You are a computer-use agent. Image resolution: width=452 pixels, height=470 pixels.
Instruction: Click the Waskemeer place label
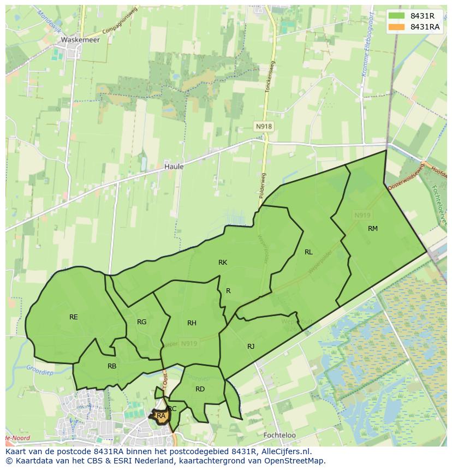coord(80,40)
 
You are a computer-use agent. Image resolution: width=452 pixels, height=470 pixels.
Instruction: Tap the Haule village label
coord(174,166)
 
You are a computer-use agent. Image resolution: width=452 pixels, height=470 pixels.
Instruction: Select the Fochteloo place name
coord(279,435)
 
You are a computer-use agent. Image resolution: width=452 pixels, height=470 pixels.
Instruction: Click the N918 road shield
coord(264,126)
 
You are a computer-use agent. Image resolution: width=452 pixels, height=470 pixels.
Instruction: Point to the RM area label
coord(373,228)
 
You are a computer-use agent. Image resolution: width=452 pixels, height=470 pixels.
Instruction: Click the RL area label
coord(308,252)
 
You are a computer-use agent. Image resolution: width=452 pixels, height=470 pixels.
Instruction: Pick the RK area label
coord(223,263)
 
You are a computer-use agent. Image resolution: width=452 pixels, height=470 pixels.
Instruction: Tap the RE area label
coord(74,317)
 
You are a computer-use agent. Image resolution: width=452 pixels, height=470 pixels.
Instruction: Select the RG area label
coord(142,322)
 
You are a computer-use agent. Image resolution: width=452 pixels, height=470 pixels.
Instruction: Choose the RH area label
coord(192,323)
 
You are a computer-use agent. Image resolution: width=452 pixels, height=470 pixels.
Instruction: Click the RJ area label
coord(251,346)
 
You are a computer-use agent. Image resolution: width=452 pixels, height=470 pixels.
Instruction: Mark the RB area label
coord(112,366)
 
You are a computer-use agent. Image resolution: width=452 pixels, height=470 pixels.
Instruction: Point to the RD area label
coord(200,389)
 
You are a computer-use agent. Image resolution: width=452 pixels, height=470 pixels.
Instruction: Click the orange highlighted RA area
coord(161,416)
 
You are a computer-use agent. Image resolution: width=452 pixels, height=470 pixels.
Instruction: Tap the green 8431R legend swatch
coord(397,16)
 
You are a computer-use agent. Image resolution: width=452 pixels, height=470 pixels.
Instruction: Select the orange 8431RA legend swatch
coord(397,27)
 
